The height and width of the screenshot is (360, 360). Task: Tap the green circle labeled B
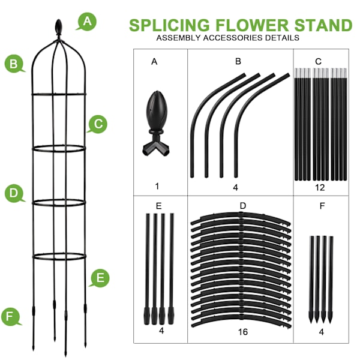(14, 63)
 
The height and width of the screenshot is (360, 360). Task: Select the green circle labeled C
(98, 124)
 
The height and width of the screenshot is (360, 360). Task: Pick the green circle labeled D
(14, 194)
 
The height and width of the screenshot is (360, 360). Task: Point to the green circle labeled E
(100, 278)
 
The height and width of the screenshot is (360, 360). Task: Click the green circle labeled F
(10, 316)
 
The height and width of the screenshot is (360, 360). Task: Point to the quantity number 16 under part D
(243, 331)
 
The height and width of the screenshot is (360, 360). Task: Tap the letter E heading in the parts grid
(159, 206)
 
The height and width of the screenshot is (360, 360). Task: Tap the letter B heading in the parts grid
(238, 61)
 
